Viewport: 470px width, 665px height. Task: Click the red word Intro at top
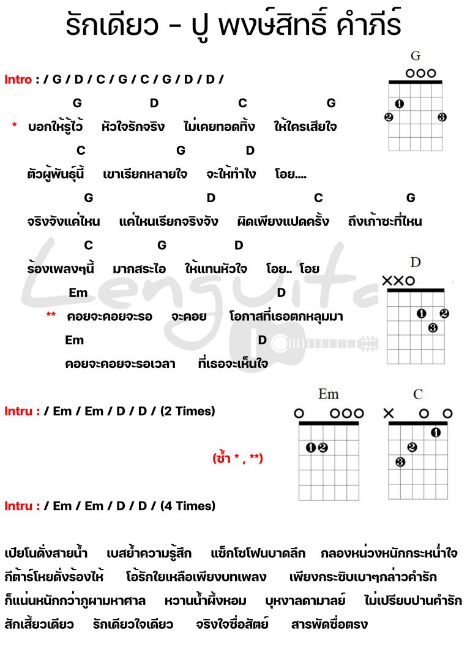click(x=18, y=80)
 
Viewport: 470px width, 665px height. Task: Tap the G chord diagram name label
click(x=416, y=56)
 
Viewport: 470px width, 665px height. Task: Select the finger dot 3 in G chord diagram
click(x=442, y=117)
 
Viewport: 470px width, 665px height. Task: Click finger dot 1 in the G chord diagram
click(x=400, y=104)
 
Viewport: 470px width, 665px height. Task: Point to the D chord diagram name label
click(x=416, y=263)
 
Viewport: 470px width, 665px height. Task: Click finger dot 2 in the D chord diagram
click(x=444, y=314)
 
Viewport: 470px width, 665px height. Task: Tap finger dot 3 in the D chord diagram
click(x=433, y=328)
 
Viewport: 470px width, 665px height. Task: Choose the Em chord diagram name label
click(x=328, y=394)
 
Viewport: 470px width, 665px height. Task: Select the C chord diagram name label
click(x=418, y=394)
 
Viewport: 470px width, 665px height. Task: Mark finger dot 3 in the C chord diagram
click(x=400, y=462)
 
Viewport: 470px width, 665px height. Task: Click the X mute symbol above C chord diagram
click(x=389, y=414)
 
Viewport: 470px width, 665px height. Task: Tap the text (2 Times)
click(x=187, y=411)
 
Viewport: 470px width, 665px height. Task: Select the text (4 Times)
click(x=187, y=506)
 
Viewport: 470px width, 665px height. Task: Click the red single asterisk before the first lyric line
click(x=14, y=127)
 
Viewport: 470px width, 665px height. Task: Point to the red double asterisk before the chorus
click(x=51, y=317)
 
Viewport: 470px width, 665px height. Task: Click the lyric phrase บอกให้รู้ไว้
click(x=56, y=127)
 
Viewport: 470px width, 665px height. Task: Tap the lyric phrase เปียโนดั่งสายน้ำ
click(x=46, y=554)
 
